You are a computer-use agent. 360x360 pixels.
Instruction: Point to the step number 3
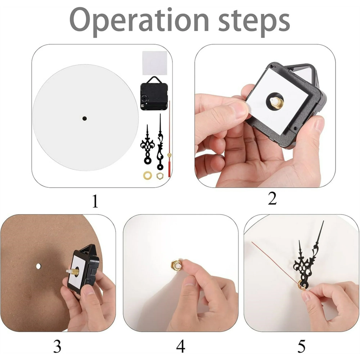pyautogui.click(x=57, y=346)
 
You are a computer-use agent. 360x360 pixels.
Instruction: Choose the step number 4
pyautogui.click(x=180, y=346)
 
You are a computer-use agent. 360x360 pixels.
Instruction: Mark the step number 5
pyautogui.click(x=301, y=346)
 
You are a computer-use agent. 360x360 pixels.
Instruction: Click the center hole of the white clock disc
pyautogui.click(x=85, y=118)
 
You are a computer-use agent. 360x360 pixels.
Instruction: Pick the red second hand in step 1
pyautogui.click(x=169, y=144)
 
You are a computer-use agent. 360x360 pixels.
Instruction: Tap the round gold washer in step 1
pyautogui.click(x=147, y=175)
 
